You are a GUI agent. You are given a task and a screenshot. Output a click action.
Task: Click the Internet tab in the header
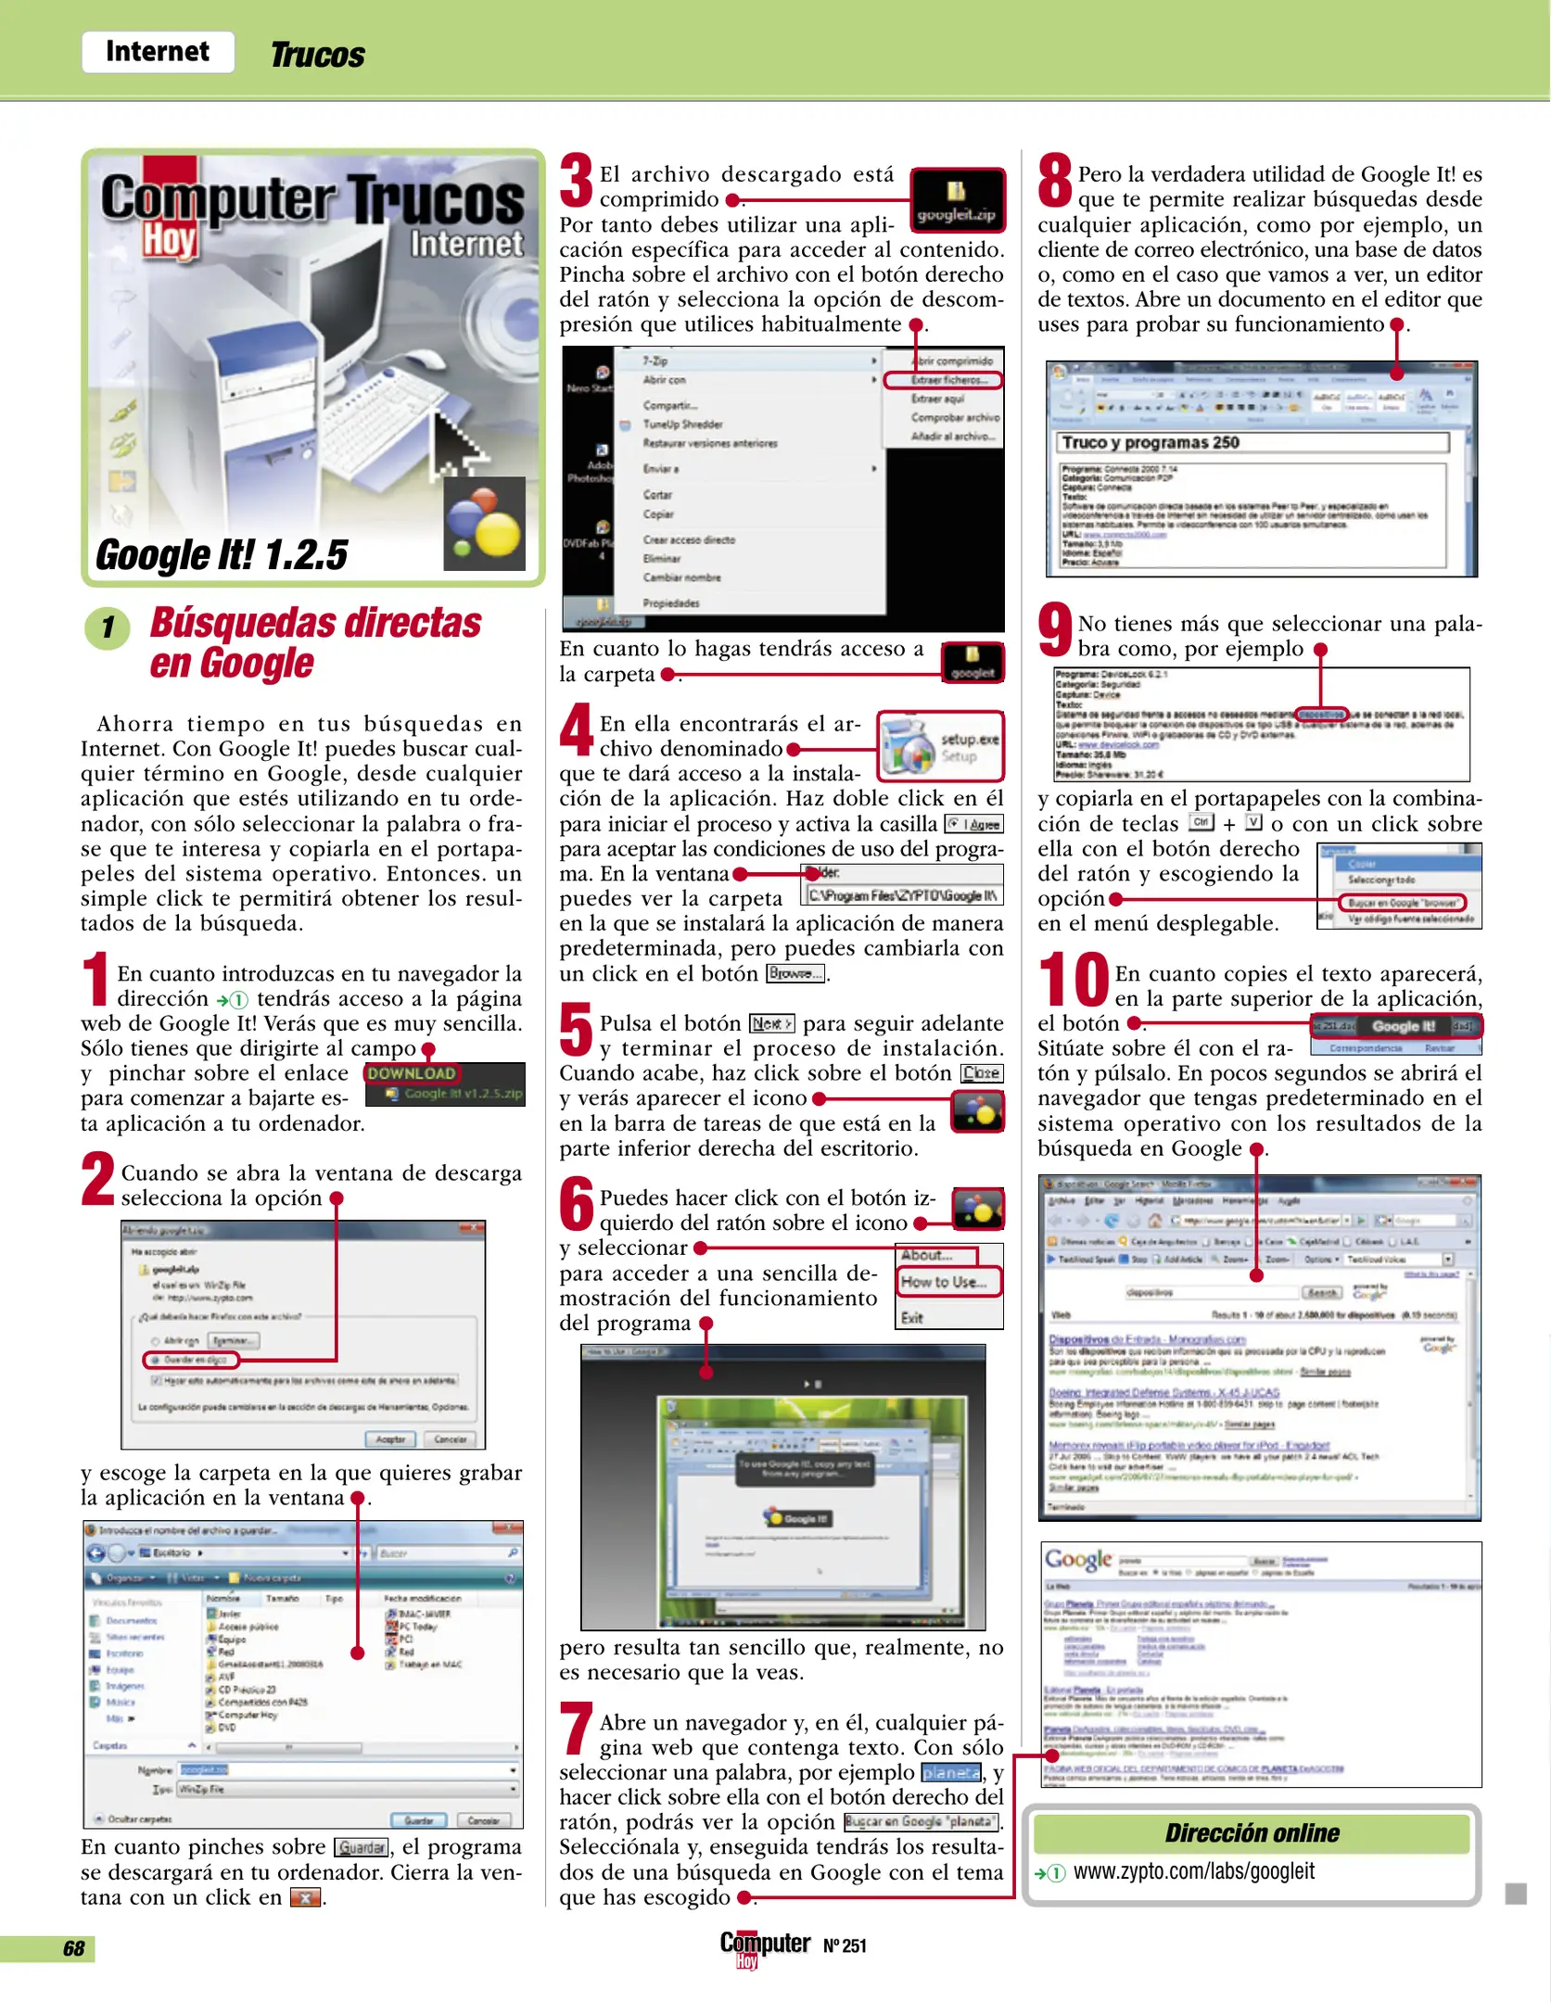point(158,52)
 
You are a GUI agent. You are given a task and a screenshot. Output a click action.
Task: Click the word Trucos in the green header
point(317,56)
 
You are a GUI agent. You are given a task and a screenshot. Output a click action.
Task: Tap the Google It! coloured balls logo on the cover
point(485,524)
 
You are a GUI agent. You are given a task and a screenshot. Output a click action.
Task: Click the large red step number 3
point(577,181)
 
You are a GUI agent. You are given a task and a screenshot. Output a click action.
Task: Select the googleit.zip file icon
point(957,199)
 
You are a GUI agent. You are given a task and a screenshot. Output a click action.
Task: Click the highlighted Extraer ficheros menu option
point(943,380)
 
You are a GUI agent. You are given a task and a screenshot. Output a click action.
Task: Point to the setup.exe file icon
point(909,747)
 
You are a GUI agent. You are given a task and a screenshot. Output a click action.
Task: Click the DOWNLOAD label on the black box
point(412,1073)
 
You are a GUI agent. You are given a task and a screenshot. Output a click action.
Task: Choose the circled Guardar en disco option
point(191,1360)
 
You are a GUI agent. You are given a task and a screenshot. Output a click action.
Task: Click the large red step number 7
point(576,1729)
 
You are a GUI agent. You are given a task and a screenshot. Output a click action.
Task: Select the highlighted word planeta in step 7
point(951,1773)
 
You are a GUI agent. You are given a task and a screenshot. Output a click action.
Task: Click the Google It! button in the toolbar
point(1403,1026)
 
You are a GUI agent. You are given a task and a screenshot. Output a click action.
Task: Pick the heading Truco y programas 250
point(1151,443)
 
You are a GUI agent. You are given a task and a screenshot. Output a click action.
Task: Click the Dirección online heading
point(1252,1833)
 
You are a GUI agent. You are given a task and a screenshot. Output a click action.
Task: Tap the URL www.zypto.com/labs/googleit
point(1194,1871)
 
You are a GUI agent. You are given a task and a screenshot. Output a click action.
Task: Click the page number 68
point(74,1948)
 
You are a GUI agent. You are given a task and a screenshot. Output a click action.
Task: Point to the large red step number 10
point(1073,981)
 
